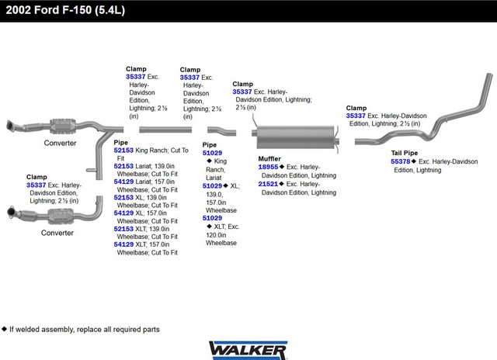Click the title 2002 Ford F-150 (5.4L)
65,10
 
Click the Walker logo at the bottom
248,350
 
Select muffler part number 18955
268,167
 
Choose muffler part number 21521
268,184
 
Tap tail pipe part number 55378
401,161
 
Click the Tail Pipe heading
404,153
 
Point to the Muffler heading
269,158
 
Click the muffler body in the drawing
295,137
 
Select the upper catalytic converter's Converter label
61,143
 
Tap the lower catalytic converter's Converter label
57,233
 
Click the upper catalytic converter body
63,126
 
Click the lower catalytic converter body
61,216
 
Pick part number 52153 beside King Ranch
123,151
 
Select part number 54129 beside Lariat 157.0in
123,182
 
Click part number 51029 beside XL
212,186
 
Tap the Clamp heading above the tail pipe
356,108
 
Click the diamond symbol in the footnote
4,329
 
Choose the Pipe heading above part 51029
210,144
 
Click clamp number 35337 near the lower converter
36,185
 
